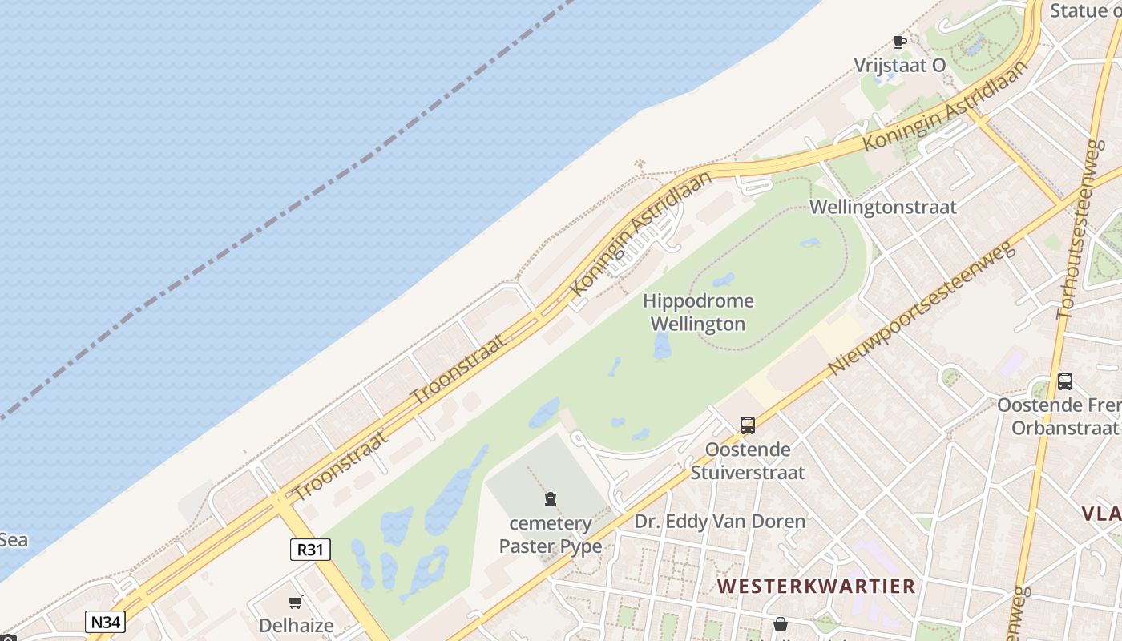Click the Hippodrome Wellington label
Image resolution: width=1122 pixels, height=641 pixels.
697,312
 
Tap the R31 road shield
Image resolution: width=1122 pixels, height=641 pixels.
309,549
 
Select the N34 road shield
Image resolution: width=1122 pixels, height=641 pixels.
105,621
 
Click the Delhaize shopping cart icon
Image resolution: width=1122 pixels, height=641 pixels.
296,602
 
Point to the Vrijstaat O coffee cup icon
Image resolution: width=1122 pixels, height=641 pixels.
900,42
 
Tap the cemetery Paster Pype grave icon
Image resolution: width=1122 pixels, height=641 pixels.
551,500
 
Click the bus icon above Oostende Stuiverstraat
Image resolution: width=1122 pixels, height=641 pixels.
748,425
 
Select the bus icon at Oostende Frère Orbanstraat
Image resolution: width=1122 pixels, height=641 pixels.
1065,381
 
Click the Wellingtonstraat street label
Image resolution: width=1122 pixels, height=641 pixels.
882,207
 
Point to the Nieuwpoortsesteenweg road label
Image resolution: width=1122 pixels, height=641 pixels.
921,308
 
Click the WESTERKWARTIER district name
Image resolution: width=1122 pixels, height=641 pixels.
816,586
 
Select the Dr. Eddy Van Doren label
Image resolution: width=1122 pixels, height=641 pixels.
720,522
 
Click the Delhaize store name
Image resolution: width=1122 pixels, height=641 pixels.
296,625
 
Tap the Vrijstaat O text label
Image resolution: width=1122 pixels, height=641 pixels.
900,66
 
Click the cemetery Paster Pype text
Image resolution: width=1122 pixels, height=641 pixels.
551,535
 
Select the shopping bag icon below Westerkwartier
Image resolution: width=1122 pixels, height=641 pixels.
781,624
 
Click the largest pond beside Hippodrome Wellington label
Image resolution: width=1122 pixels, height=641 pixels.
662,345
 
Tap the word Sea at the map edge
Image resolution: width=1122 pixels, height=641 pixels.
14,540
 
